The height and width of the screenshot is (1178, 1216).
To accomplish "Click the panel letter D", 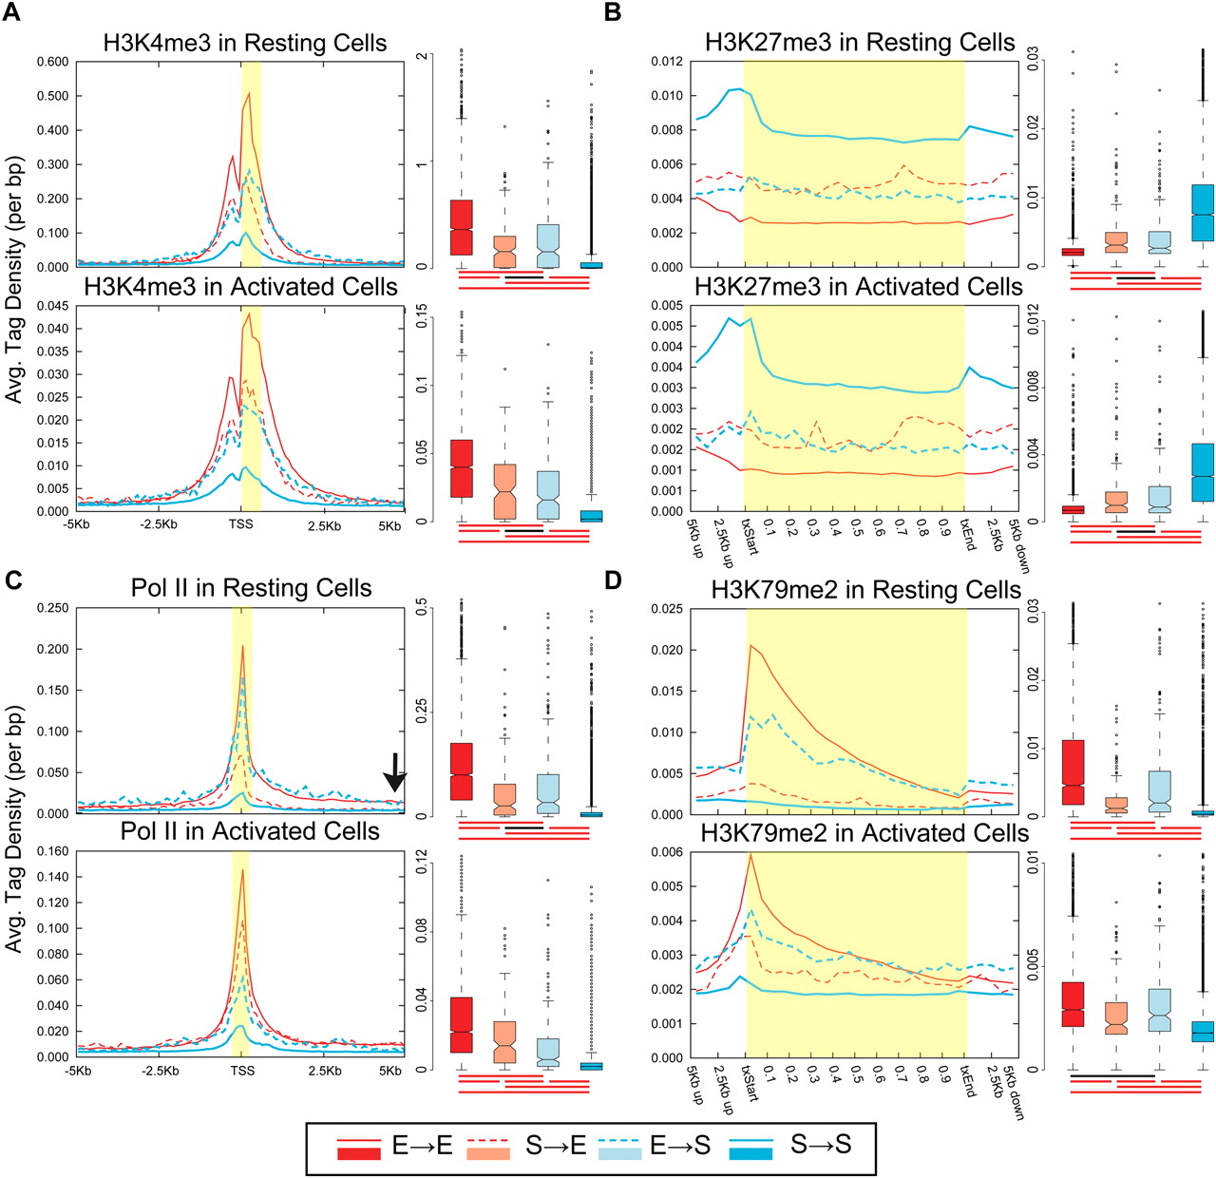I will pos(614,579).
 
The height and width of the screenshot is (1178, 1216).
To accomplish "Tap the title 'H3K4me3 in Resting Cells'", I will pos(244,44).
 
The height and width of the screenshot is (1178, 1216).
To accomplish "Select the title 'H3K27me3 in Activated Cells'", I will pos(858,287).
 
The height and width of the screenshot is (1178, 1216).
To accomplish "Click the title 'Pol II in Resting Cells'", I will pos(251,588).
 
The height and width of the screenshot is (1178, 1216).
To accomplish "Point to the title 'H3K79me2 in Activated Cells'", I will pos(864,833).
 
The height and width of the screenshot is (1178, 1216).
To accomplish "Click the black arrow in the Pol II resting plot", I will pos(395,772).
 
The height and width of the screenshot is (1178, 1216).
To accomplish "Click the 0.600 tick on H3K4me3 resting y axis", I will pos(53,62).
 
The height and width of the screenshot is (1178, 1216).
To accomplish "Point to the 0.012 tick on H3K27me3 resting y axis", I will pos(666,62).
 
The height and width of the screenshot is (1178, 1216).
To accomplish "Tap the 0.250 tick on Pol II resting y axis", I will pos(53,608).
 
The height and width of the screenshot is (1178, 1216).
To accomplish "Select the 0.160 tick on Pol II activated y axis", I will pos(53,851).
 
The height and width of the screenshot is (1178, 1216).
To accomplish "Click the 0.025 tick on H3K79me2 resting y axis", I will pos(666,609).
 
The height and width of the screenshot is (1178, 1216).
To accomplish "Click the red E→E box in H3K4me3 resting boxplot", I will pos(462,228).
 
